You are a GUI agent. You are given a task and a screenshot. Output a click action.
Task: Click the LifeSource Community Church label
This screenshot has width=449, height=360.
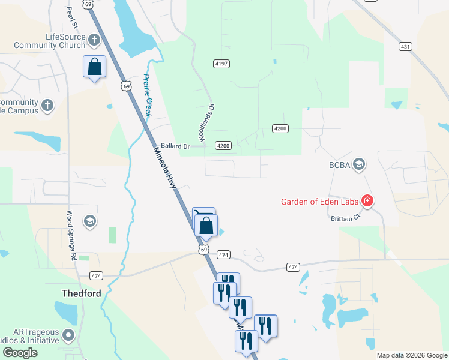tap(56, 41)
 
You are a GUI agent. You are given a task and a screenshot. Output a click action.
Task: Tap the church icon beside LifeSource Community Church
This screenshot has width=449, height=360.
tap(94, 41)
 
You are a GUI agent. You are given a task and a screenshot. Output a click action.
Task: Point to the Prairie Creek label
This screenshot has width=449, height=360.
tap(149, 95)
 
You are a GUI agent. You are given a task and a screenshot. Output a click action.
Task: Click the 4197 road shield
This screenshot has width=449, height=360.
tap(222, 64)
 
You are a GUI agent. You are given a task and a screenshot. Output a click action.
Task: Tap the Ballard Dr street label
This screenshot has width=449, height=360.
tap(175, 146)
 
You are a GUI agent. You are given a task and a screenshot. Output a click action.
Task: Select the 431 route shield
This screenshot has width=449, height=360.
tap(405, 46)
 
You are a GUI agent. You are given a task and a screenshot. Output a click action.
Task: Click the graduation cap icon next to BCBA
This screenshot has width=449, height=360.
tap(359, 164)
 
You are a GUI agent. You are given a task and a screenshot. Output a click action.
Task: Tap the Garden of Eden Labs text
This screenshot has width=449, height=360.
tap(319, 201)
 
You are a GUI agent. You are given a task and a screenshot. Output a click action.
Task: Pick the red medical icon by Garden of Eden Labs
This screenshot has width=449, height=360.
tap(366, 201)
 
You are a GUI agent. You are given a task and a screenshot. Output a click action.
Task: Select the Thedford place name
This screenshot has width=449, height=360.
tap(82, 293)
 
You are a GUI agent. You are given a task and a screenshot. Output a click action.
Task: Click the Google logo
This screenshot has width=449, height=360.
tap(20, 353)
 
